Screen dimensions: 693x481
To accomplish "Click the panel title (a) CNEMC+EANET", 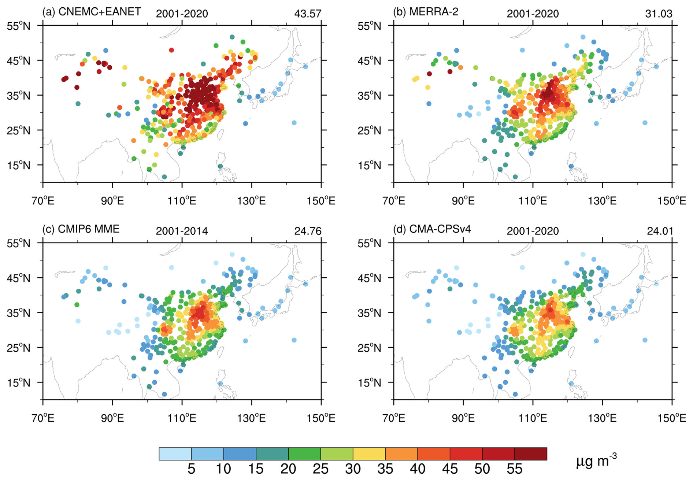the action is pos(92,12).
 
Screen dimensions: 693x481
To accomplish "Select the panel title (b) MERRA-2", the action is pos(426,12).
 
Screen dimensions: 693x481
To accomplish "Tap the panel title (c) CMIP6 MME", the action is pos(81,229).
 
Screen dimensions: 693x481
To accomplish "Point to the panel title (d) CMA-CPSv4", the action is pos(432,229).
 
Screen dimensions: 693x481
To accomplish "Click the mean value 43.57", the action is pos(308,14).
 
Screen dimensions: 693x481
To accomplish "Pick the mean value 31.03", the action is pos(659,14).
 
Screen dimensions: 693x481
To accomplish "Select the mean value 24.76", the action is pos(308,231).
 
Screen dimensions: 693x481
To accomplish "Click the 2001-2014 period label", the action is pos(182,231).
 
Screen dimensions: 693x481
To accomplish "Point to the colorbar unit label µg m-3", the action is pos(596,461).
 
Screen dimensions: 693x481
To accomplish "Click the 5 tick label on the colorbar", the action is pos(191,469).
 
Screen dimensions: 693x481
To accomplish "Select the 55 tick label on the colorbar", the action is pos(514,469).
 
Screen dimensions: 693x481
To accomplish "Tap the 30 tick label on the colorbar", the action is pos(353,469).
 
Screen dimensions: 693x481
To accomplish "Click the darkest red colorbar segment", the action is pos(531,454).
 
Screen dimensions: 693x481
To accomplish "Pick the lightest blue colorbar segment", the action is pos(175,454).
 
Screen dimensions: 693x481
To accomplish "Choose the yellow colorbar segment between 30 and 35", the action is pos(369,454).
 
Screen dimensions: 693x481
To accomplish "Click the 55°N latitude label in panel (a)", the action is pos(18,26).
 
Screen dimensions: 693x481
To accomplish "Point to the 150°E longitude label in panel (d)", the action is pos(672,418).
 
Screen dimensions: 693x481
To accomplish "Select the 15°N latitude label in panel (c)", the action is pos(18,382).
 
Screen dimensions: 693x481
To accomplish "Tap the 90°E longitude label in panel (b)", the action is pos(463,201).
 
